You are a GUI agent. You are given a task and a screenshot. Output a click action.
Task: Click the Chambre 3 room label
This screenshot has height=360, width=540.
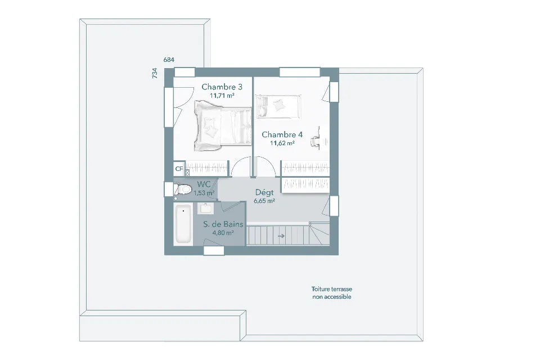pos(222,87)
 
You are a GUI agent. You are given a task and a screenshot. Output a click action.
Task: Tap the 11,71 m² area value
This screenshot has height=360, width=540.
pos(222,96)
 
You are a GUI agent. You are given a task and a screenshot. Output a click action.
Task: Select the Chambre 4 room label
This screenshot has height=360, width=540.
pos(282,134)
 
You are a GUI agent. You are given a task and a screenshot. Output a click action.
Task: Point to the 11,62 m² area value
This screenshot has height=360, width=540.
pos(282,143)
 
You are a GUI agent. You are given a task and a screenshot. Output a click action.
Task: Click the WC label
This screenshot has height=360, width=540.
pos(204,184)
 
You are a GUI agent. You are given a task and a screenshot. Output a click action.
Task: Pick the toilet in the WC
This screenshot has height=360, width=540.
pos(182,189)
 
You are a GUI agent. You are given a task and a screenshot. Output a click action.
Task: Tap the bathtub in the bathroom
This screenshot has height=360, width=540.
pos(183,224)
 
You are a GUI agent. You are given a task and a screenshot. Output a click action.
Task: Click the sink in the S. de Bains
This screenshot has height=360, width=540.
pos(206,208)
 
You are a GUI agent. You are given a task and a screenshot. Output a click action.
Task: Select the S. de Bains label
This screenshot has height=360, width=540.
pos(223,224)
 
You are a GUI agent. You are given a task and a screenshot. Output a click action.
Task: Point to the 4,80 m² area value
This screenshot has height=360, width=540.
pos(223,233)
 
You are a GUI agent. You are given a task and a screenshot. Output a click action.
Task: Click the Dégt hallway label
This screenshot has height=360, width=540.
pos(264,192)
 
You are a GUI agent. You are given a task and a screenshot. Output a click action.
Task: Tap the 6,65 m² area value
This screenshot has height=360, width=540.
pos(264,201)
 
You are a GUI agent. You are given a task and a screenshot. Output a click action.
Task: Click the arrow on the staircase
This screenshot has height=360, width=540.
pos(281,236)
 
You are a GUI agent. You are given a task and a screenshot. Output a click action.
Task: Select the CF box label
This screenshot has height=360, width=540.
pos(179,169)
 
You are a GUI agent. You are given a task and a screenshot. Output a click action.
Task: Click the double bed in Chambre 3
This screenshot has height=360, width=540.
pos(223,126)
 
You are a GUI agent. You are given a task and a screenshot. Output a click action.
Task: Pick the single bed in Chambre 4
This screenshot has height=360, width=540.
pos(278,106)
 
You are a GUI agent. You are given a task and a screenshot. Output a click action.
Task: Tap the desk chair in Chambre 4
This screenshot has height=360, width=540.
pos(315,141)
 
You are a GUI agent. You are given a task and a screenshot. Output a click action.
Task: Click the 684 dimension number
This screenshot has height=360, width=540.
pos(169,60)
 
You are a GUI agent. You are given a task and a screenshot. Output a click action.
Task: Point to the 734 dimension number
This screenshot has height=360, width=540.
pos(155,73)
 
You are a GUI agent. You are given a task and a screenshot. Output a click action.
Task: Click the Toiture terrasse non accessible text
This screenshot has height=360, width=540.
pos(332,293)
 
